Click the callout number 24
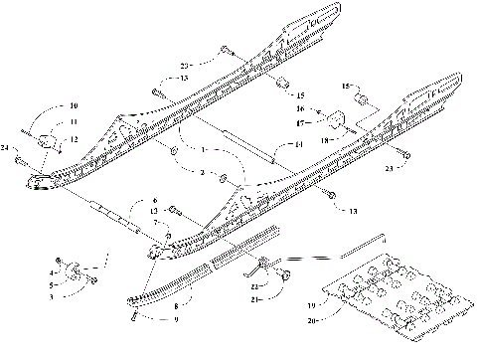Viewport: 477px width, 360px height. click(x=7, y=148)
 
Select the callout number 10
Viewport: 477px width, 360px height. click(x=45, y=105)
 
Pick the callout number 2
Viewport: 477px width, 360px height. click(x=203, y=172)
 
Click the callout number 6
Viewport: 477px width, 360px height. click(x=154, y=201)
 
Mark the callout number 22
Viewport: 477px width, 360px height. click(x=256, y=286)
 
